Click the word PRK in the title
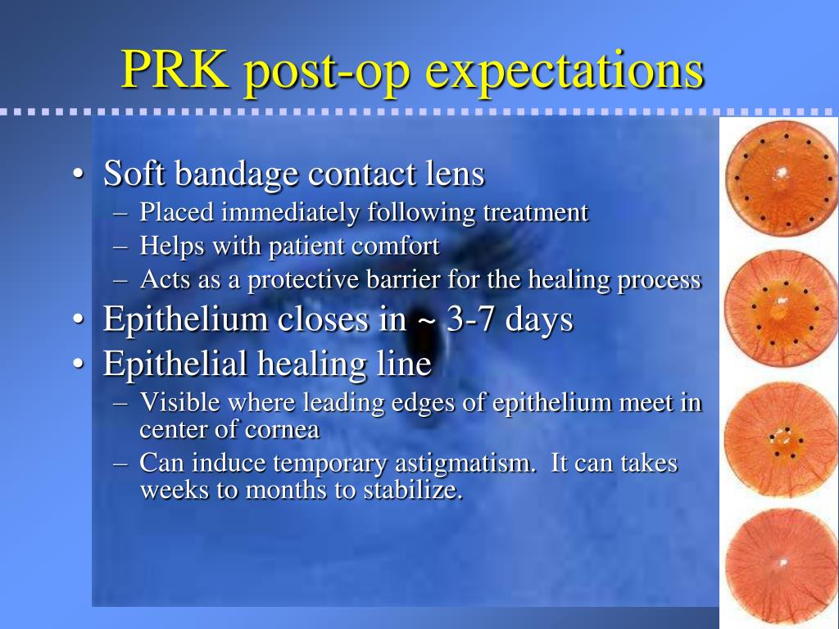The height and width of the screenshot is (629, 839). point(175,70)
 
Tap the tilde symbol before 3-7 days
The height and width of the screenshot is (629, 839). point(426,320)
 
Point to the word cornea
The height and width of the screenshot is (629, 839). point(286,429)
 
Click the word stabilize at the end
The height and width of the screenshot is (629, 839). point(417,491)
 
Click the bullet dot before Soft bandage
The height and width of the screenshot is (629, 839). point(77,174)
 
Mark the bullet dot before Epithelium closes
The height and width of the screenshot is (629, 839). point(77,320)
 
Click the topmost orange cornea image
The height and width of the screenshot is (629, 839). point(781,178)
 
